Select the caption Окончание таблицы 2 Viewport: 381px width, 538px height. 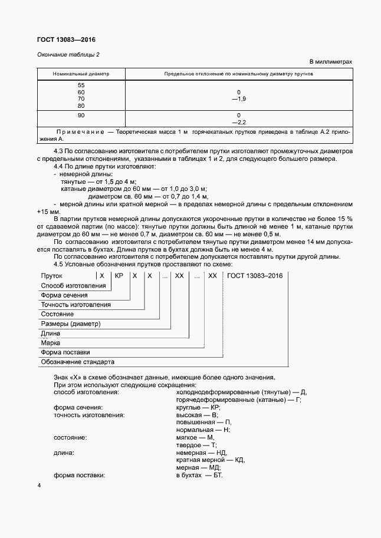point(68,55)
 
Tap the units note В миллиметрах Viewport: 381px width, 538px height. point(330,61)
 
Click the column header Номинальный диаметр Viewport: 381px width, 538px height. point(81,74)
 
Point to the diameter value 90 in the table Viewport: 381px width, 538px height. point(81,115)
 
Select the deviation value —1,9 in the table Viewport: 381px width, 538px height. point(239,99)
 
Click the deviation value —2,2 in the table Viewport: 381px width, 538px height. point(239,122)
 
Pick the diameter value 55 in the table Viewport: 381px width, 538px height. point(81,85)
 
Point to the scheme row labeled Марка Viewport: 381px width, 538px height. point(50,342)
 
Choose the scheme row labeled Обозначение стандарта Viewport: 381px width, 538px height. point(77,361)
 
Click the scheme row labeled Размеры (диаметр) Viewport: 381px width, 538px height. point(71,324)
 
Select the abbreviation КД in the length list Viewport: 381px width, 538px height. point(239,460)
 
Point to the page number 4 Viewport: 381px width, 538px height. point(38,486)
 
